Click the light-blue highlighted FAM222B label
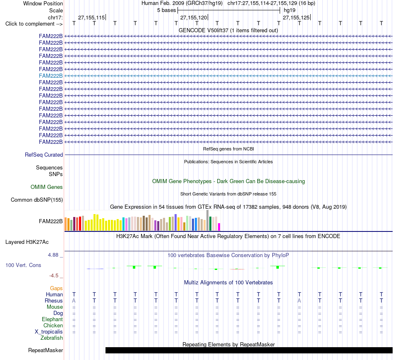50,76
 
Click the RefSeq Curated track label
44,155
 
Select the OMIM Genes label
47,187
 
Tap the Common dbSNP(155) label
37,200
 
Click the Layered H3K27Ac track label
27,242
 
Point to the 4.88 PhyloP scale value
53,255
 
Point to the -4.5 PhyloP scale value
54,276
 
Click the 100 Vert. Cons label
23,265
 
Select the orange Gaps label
56,288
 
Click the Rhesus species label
54,300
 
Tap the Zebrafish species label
52,338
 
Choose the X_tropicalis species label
49,332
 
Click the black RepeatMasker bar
249,350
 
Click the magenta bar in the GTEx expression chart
219,227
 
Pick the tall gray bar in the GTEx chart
208,220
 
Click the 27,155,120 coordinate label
194,17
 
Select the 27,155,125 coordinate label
296,17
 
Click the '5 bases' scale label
167,10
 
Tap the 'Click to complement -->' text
34,24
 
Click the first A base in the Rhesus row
74,300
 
